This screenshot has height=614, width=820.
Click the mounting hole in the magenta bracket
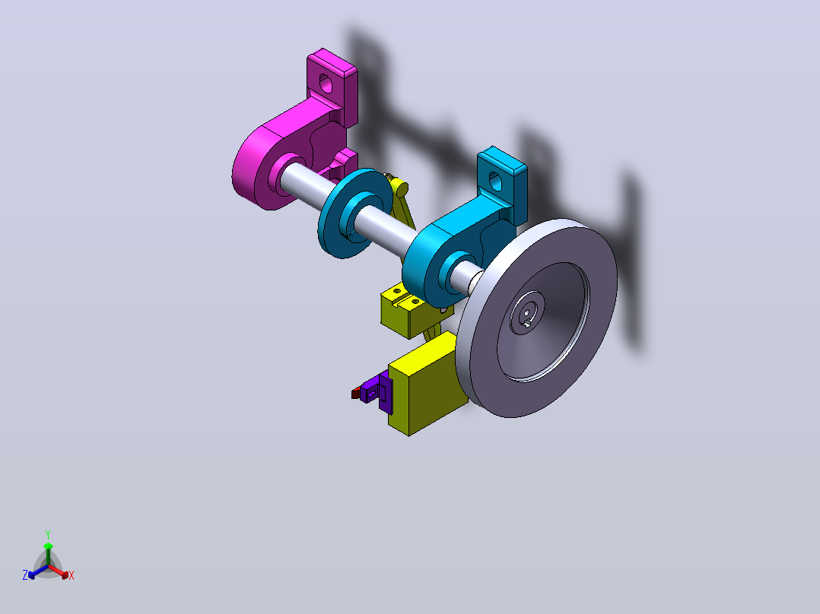[326, 83]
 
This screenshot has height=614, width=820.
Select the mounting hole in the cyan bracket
[494, 181]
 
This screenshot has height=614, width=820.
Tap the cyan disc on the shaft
[355, 214]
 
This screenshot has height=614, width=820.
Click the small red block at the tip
[356, 393]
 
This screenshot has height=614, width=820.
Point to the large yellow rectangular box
[426, 384]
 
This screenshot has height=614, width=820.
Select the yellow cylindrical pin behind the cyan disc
[400, 187]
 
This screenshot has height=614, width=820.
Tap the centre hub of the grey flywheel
[527, 312]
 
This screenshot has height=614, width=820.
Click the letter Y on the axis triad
[48, 534]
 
